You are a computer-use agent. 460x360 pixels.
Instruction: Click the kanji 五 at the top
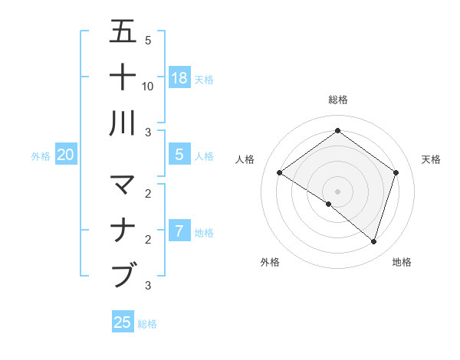pos(123,32)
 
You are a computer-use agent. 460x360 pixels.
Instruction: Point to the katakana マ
pos(123,185)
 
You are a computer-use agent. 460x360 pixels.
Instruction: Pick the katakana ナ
pos(123,230)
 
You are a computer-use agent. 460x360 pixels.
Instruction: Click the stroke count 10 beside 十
pos(148,86)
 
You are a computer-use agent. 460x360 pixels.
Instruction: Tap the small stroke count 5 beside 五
pos(148,41)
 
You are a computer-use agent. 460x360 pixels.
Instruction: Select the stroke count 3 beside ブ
pos(148,286)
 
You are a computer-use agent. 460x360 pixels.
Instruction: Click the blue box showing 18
pos(179,77)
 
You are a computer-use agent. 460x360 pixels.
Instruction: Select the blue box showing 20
pos(65,155)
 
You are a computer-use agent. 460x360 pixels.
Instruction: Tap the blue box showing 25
pos(123,322)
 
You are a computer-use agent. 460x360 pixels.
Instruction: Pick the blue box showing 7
pos(179,231)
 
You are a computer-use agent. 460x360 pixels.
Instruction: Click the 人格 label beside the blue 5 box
pos(204,156)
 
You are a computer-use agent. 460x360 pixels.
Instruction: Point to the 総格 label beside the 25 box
pos(147,324)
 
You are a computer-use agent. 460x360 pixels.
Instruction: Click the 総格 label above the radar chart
pos(338,100)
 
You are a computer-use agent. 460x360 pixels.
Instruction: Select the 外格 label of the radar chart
pos(270,262)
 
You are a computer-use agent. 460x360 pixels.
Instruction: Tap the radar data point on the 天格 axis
pos(396,173)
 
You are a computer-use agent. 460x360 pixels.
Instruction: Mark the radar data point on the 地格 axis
pos(374,242)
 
